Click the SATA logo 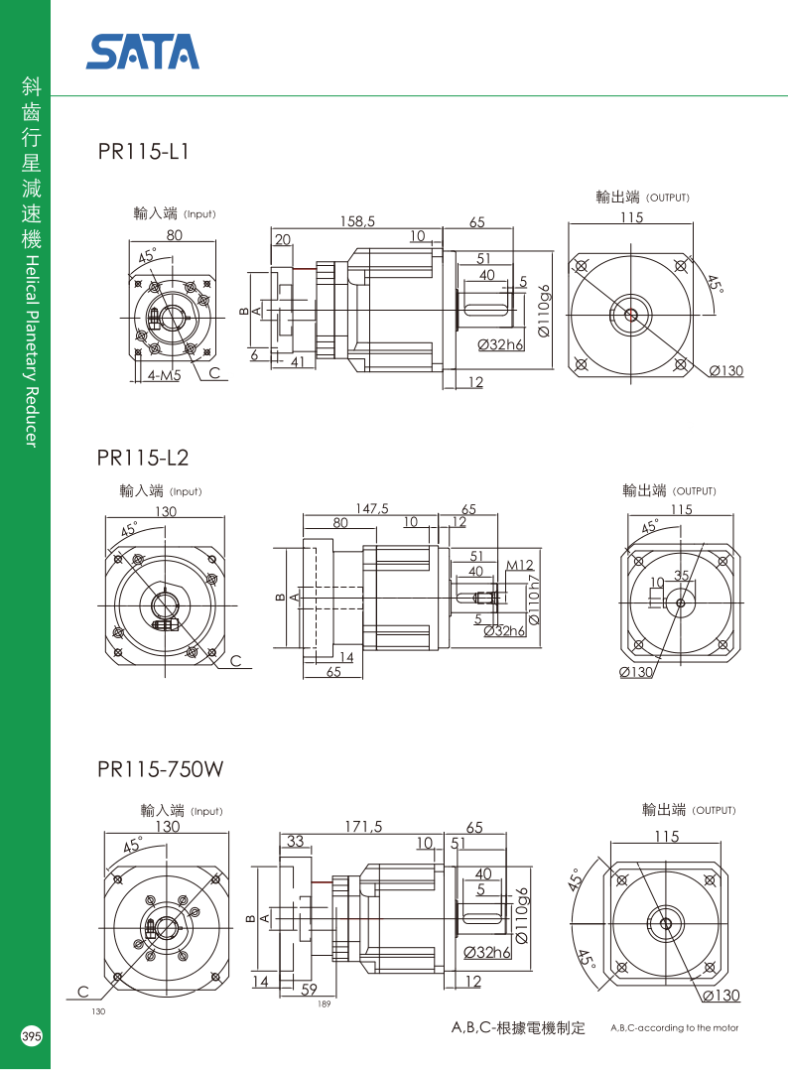point(143,52)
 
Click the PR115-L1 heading point(143,153)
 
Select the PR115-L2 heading point(143,458)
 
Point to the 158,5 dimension point(356,222)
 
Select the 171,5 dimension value point(363,826)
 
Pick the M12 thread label point(520,566)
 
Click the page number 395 point(31,1036)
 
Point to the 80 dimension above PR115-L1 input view point(174,236)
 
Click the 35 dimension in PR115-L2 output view point(682,576)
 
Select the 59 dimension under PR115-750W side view point(309,989)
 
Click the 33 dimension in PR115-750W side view point(295,842)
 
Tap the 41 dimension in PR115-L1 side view point(296,363)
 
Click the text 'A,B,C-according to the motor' point(674,1028)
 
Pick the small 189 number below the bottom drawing point(324,1004)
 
